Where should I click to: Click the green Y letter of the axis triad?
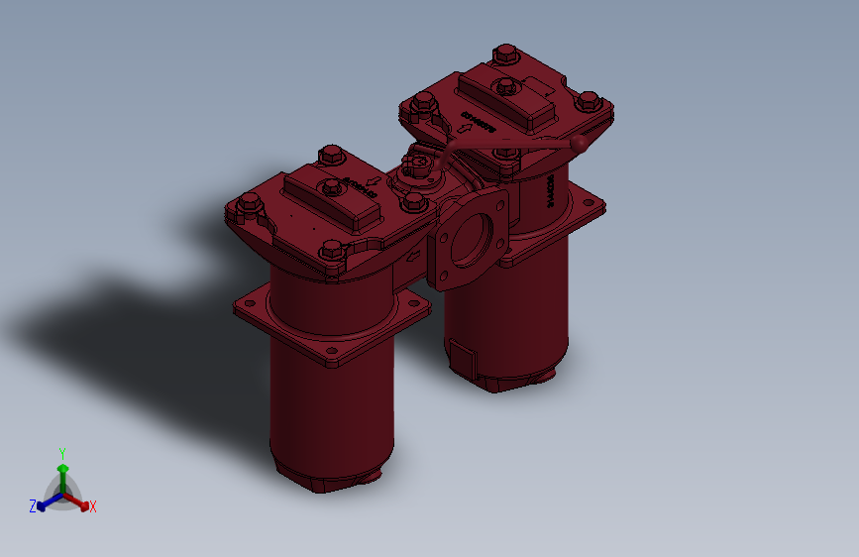pyautogui.click(x=62, y=451)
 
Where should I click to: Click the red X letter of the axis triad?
pyautogui.click(x=93, y=506)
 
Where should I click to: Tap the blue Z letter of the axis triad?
pyautogui.click(x=33, y=505)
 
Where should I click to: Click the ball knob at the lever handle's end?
pyautogui.click(x=580, y=146)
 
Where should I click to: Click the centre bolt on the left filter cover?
pyautogui.click(x=328, y=188)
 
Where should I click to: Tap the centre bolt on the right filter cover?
pyautogui.click(x=503, y=87)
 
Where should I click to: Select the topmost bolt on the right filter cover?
pyautogui.click(x=504, y=54)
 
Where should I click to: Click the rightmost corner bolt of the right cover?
pyautogui.click(x=588, y=101)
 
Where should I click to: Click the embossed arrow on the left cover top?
pyautogui.click(x=374, y=180)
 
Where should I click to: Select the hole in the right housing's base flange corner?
pyautogui.click(x=591, y=205)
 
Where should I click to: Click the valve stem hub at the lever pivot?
pyautogui.click(x=418, y=165)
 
